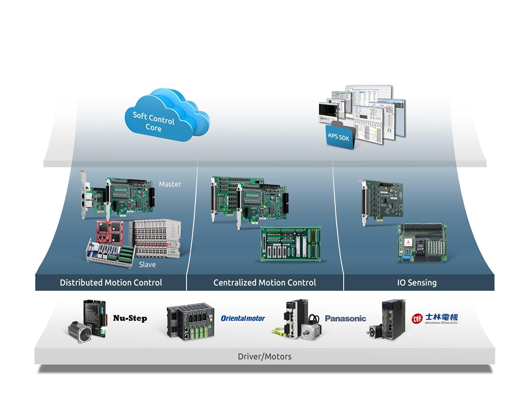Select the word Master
[170, 184]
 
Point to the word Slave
[147, 265]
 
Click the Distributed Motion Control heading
[111, 282]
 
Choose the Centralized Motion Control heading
[264, 282]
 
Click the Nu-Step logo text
[130, 318]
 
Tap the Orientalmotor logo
[243, 318]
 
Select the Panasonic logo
[345, 318]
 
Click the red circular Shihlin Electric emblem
[417, 318]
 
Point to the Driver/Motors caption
[264, 356]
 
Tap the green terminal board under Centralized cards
[291, 243]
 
